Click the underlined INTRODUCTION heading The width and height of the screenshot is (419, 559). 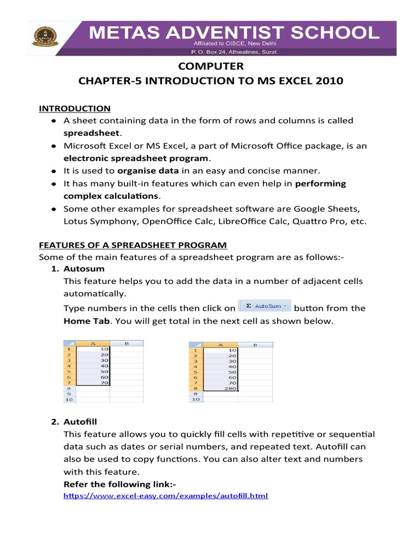coord(74,108)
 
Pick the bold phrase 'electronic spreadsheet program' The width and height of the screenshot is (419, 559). coord(136,158)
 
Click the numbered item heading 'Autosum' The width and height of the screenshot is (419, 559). coord(84,269)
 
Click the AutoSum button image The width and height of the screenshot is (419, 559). coord(265,307)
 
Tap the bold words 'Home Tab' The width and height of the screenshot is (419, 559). coord(87,320)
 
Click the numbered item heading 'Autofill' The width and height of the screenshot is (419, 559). coord(82,422)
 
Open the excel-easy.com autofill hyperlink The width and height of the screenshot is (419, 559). coord(166,496)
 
